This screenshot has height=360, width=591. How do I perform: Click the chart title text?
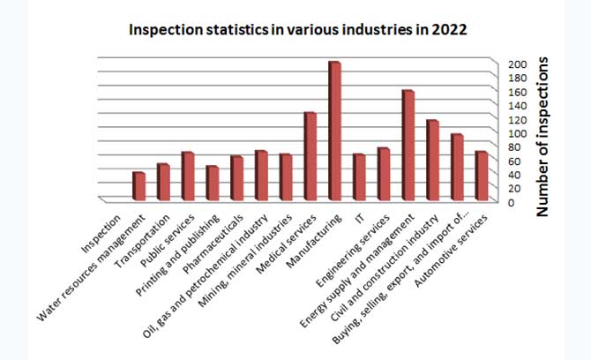(x=297, y=29)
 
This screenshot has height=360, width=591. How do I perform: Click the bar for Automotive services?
(x=482, y=176)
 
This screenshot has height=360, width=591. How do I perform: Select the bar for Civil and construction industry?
(x=432, y=160)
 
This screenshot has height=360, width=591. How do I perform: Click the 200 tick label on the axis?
(x=516, y=64)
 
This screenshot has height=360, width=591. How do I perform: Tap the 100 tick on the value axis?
(x=516, y=133)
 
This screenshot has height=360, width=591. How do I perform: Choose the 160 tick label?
(x=516, y=92)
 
